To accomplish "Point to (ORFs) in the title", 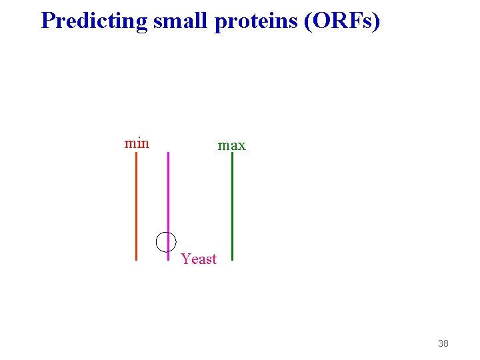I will (x=343, y=21).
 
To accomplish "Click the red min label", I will (x=137, y=143).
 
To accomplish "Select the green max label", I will (x=232, y=145).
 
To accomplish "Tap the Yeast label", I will (x=199, y=259).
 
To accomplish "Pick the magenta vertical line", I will (x=168, y=200).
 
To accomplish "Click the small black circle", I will (x=166, y=241).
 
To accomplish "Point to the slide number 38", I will (x=443, y=343).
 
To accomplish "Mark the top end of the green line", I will (x=232, y=154).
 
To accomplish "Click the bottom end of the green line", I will (x=232, y=259).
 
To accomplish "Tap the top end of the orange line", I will (x=136, y=153).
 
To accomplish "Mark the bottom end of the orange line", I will (x=136, y=259).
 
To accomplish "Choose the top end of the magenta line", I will (x=168, y=153).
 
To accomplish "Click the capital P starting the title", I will (x=48, y=21).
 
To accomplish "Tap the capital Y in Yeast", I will (x=185, y=259).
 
